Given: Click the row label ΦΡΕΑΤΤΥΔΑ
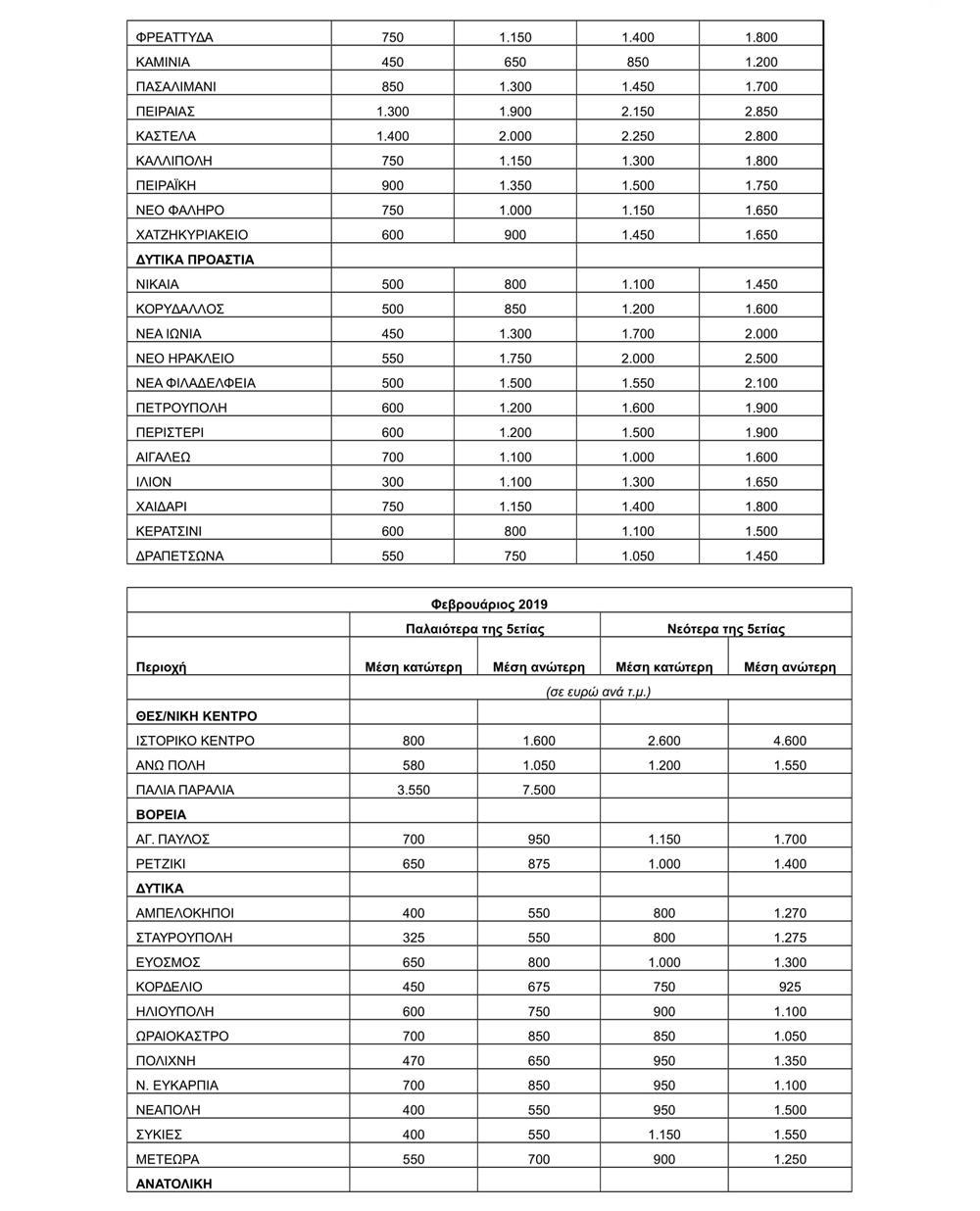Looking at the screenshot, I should click(174, 37).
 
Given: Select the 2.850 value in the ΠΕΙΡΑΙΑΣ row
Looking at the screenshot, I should click(760, 112).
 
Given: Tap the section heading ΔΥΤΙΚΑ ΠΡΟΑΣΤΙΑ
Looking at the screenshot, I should click(195, 260).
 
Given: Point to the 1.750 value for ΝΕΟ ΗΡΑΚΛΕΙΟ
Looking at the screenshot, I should click(514, 359).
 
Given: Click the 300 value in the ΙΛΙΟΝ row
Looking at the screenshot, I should click(392, 482).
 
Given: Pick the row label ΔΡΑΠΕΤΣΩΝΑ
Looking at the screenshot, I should click(180, 556).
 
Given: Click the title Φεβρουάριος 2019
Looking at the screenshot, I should click(489, 605).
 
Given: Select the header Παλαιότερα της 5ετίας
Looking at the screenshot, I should click(475, 629).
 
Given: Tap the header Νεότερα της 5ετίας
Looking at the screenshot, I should click(725, 629).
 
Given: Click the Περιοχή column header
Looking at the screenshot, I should click(161, 667).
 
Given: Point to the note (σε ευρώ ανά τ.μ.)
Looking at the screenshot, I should click(599, 692).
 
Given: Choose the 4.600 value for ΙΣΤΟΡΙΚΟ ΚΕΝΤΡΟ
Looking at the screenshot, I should click(789, 741).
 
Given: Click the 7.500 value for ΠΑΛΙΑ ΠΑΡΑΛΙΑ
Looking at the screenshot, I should click(538, 790).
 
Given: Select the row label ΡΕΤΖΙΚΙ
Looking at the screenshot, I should click(161, 864).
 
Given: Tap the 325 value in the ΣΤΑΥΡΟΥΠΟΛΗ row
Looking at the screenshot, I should click(413, 938).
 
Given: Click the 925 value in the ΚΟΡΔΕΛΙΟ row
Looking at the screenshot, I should click(789, 987).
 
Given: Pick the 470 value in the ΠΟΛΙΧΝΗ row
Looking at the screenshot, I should click(413, 1060).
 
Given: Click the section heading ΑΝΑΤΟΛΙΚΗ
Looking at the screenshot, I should click(174, 1183).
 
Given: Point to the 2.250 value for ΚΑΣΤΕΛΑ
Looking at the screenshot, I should click(637, 136).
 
